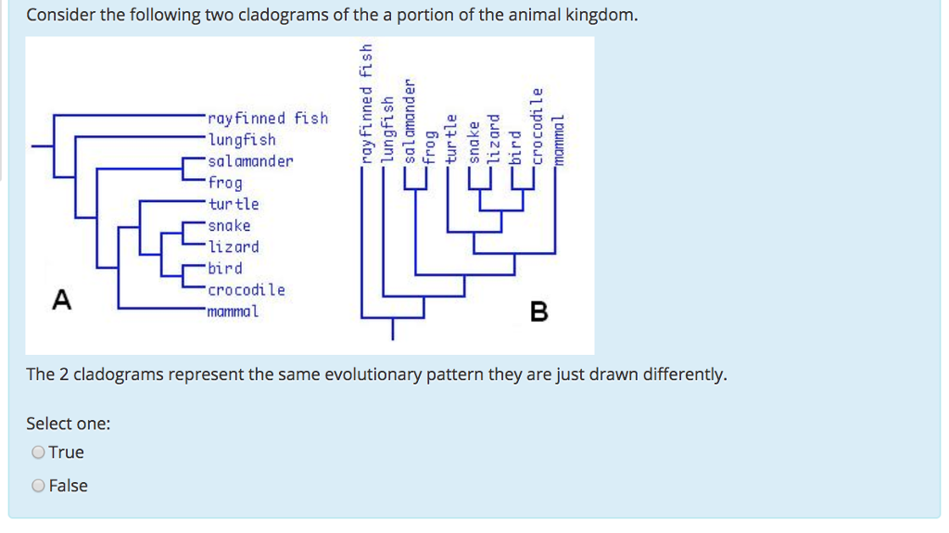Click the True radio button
click(38, 452)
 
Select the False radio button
click(38, 486)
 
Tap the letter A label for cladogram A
click(61, 299)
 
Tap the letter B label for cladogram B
click(538, 312)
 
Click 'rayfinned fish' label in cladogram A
click(268, 119)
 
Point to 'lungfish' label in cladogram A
click(242, 140)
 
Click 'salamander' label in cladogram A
click(250, 161)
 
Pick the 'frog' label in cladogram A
click(226, 184)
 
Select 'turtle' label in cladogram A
click(234, 204)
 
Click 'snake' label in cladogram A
click(230, 225)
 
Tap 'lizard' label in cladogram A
click(234, 247)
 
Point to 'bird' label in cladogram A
click(225, 268)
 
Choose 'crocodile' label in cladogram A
click(247, 289)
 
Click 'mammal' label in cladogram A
click(234, 311)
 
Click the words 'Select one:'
click(69, 424)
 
